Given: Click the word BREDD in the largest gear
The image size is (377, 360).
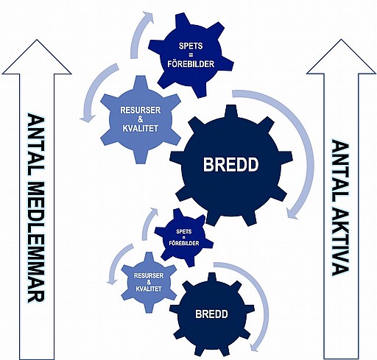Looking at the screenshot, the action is (x=230, y=164).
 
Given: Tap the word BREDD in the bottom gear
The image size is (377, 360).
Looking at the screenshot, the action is (x=211, y=314).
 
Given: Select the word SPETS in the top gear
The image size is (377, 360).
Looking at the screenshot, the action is (x=191, y=46).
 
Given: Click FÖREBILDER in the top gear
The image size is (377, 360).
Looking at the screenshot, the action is (x=191, y=64).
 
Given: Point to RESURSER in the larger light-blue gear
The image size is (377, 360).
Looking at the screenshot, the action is (x=140, y=110).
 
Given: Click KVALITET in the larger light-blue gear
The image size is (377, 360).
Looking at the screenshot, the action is (x=140, y=128).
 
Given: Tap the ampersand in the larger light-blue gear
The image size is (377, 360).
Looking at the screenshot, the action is (x=140, y=119).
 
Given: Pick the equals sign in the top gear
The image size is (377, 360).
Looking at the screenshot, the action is (x=191, y=55).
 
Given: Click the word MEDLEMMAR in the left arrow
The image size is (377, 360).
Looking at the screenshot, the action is (x=36, y=242).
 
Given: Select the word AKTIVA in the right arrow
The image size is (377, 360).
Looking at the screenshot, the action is (x=340, y=236).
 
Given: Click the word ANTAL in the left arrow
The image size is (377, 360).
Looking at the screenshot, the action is (x=36, y=145).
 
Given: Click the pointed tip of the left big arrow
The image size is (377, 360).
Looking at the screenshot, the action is (x=37, y=40).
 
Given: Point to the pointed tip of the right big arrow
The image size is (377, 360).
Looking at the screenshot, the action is (x=341, y=40).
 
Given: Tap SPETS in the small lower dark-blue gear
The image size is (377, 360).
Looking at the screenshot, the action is (x=184, y=231).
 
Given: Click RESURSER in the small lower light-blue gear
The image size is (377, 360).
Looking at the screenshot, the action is (x=149, y=275).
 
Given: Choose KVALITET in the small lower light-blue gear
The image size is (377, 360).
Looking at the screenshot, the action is (x=149, y=289).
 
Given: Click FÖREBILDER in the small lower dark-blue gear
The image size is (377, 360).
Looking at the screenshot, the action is (x=184, y=243).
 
